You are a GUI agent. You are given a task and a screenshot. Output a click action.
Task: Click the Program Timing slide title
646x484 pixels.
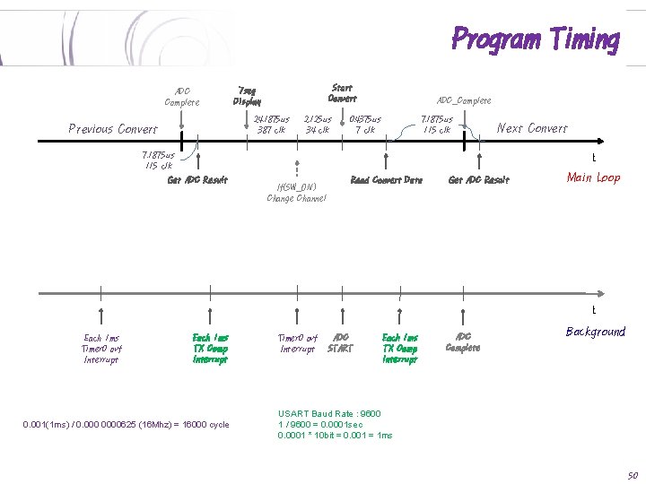535,39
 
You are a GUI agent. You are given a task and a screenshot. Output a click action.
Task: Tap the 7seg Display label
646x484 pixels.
247,96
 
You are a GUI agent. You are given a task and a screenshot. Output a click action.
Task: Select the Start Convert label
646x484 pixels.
342,93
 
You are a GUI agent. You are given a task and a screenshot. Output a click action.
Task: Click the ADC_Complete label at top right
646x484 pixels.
463,100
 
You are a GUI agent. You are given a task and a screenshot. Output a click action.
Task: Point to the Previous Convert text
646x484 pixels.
113,129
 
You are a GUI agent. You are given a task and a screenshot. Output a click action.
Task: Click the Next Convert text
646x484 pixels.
532,128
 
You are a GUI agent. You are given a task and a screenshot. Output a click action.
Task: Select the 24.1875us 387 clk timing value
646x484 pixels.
271,124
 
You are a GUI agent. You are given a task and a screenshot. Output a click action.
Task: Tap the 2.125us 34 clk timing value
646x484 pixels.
317,124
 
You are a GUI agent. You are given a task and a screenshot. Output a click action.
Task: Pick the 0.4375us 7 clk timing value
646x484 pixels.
364,124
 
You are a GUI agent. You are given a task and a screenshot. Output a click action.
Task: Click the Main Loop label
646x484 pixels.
593,177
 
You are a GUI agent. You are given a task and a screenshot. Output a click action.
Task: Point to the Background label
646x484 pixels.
595,332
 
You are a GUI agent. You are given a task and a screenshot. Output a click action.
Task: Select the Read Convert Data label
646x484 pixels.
386,180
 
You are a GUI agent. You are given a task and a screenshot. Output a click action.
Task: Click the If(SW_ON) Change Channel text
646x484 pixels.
296,192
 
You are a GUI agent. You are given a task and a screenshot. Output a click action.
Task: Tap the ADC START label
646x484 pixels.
340,342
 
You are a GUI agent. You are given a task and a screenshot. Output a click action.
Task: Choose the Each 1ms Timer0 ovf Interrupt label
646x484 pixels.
101,349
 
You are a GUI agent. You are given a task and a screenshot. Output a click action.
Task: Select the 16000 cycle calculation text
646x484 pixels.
126,424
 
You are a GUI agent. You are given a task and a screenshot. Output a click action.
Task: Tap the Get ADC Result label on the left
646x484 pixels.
197,180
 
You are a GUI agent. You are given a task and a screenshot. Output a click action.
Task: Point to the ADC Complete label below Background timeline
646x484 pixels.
463,342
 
